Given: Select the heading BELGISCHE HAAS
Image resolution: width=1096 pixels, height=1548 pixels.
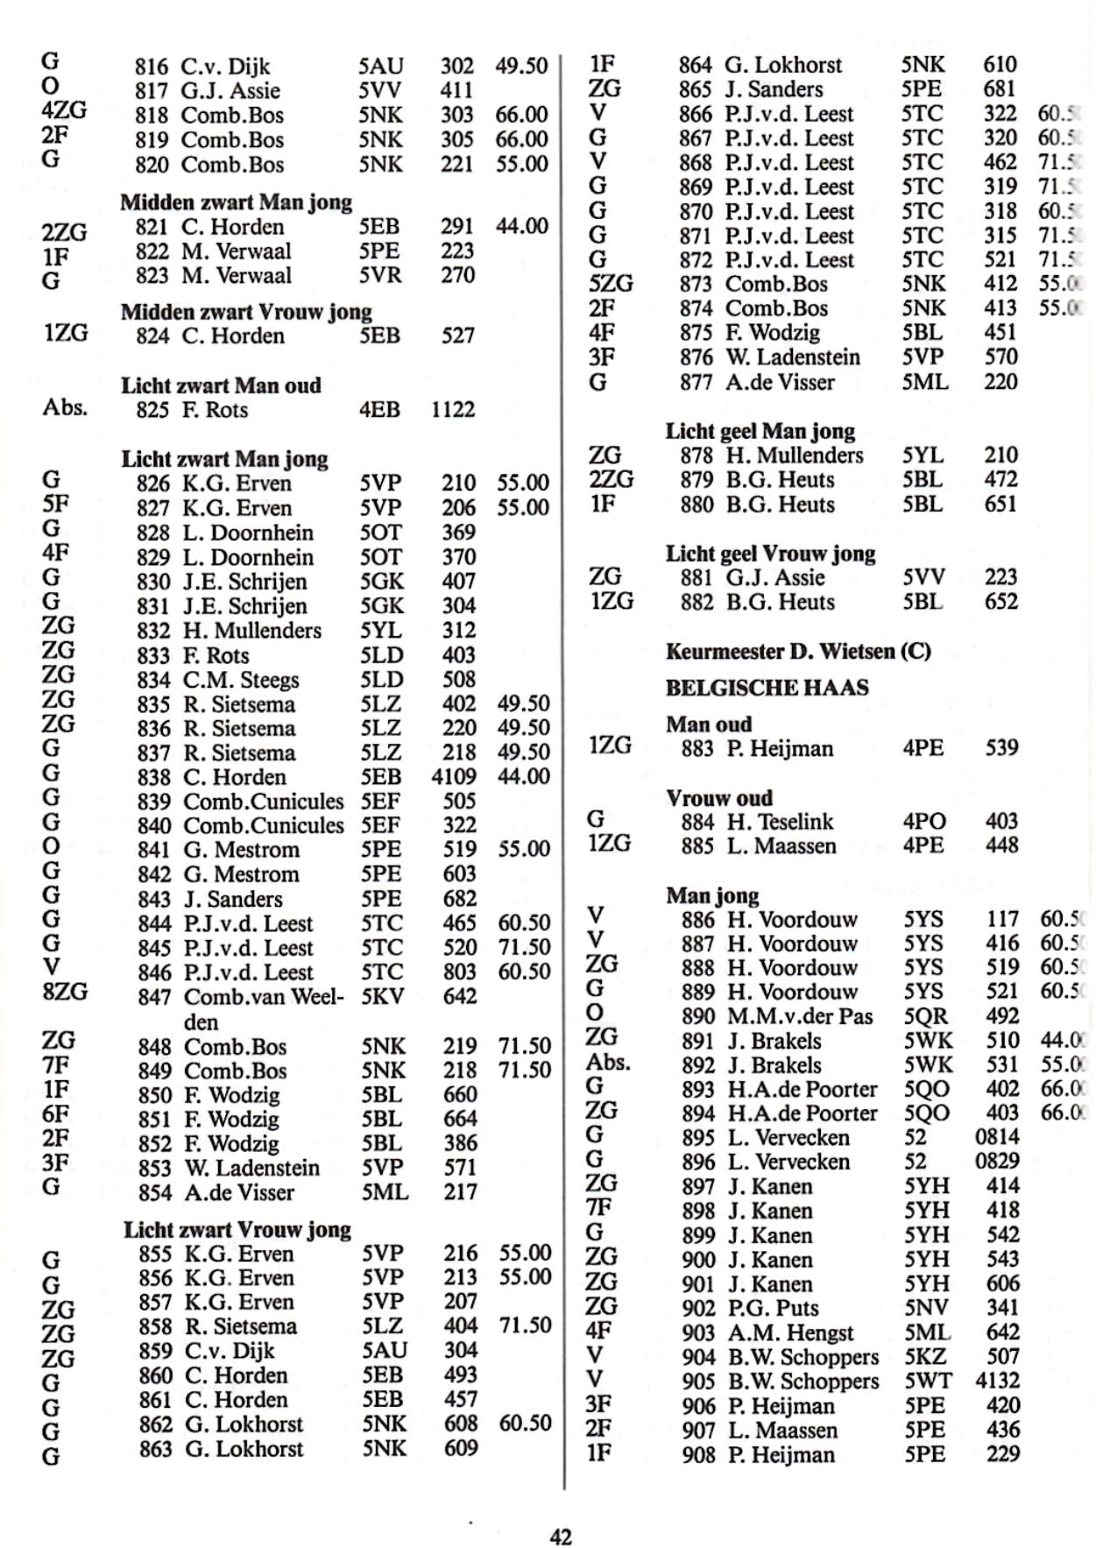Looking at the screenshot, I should tap(767, 688).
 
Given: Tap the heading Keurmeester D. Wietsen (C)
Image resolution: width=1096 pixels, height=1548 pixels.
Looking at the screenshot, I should tap(797, 651).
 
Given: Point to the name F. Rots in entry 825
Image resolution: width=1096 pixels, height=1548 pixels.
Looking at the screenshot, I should tap(214, 410).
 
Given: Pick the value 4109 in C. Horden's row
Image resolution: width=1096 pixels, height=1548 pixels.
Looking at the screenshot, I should tap(454, 777).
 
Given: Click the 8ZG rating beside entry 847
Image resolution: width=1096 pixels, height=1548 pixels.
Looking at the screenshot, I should tap(65, 992).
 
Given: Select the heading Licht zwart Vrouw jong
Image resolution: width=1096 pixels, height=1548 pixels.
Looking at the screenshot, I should tap(237, 1229).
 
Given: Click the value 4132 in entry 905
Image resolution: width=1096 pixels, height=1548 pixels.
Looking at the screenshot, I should tap(997, 1381).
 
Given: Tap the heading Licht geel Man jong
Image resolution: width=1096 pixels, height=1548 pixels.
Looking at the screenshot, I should tap(760, 431).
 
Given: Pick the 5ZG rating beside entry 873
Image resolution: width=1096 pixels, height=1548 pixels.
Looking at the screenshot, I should tap(610, 284).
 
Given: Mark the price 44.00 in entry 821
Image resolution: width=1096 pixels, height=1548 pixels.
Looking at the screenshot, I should tap(521, 226).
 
